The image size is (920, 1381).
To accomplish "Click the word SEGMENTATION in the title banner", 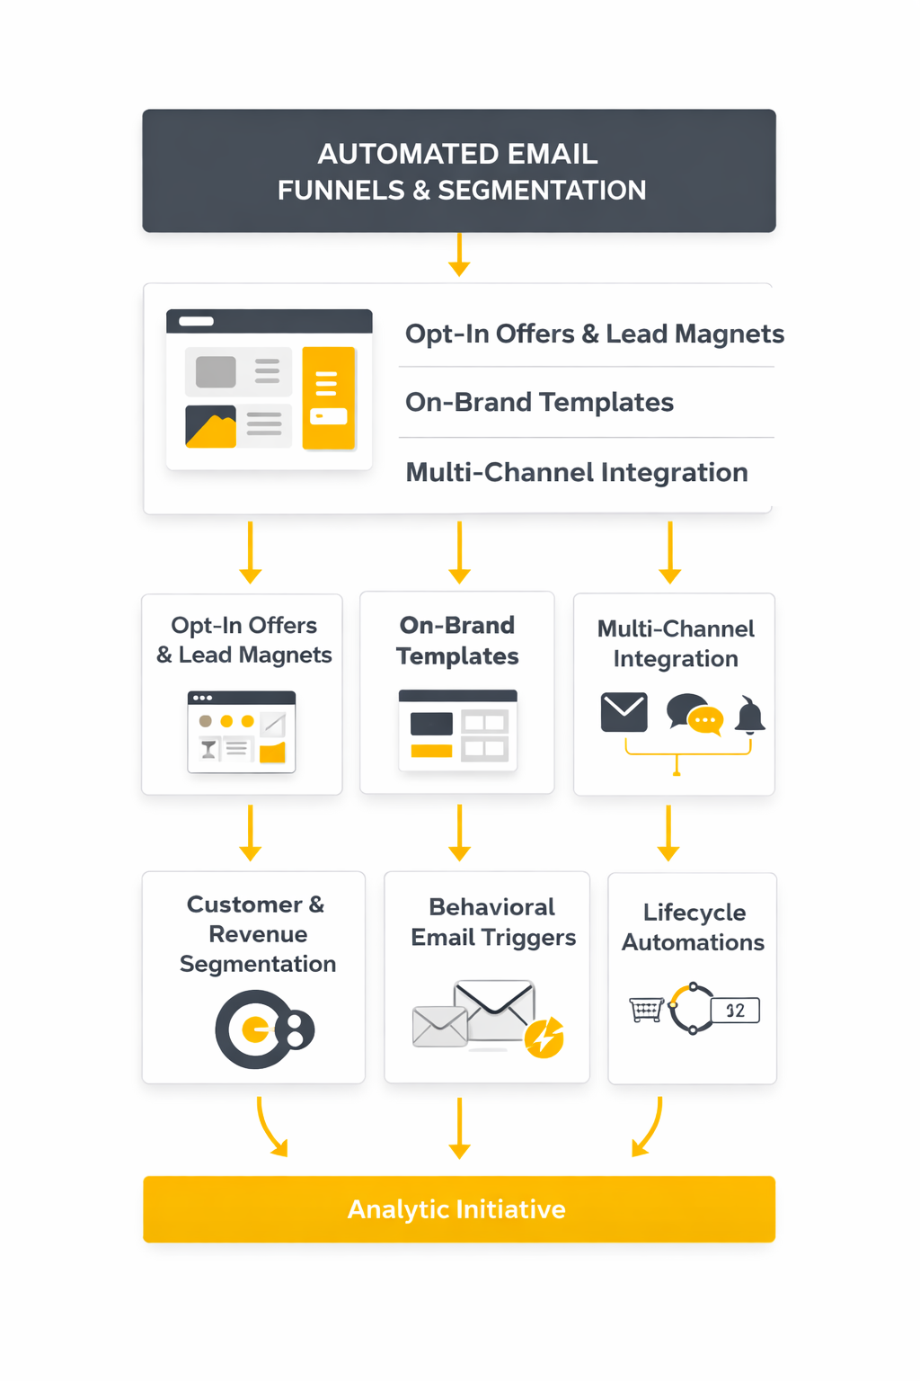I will click(x=542, y=191).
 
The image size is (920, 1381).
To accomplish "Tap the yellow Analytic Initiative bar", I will click(x=458, y=1209).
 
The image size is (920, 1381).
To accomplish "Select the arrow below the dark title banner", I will click(x=459, y=254).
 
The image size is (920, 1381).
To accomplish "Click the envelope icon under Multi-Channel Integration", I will click(x=624, y=712).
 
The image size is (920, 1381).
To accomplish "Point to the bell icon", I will click(x=749, y=715).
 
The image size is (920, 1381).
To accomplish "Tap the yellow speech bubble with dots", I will click(x=705, y=720).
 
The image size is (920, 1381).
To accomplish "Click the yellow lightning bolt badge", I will click(x=544, y=1038).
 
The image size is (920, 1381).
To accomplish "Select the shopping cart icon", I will click(x=646, y=1010).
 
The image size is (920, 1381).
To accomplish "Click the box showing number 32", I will click(x=735, y=1011).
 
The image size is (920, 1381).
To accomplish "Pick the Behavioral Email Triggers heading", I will click(x=492, y=922).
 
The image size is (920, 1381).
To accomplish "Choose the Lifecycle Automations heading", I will click(x=694, y=927).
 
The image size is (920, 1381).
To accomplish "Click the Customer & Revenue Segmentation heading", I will click(x=257, y=934).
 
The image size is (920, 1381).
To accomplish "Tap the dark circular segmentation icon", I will click(x=261, y=1029).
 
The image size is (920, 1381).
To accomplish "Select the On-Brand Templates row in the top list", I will click(x=539, y=402).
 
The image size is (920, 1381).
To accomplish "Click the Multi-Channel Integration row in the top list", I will click(x=576, y=472).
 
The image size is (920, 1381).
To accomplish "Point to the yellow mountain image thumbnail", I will click(x=210, y=427).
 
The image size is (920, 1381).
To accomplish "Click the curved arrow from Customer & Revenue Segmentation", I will click(x=270, y=1127).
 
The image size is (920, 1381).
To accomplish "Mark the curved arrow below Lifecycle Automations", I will click(x=649, y=1127).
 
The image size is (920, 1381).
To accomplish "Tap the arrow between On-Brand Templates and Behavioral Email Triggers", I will click(x=459, y=833).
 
